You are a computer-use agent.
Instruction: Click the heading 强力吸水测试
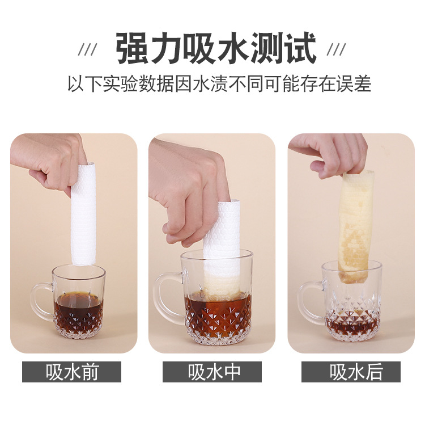[x=216, y=48]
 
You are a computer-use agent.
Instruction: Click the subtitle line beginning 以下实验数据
[x=219, y=83]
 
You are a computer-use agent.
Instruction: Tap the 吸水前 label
[x=71, y=372]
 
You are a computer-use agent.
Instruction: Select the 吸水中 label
[x=212, y=372]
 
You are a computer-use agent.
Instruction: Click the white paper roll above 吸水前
[x=83, y=214]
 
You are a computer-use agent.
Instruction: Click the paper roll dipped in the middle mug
[x=221, y=250]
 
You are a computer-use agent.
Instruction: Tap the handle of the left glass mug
[x=41, y=302]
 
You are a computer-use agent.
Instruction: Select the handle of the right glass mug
[x=309, y=302]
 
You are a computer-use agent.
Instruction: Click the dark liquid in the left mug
[x=78, y=309]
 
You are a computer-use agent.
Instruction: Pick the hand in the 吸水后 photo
[x=331, y=155]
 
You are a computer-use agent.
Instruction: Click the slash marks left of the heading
[x=87, y=49]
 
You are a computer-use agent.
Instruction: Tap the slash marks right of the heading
[x=336, y=49]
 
